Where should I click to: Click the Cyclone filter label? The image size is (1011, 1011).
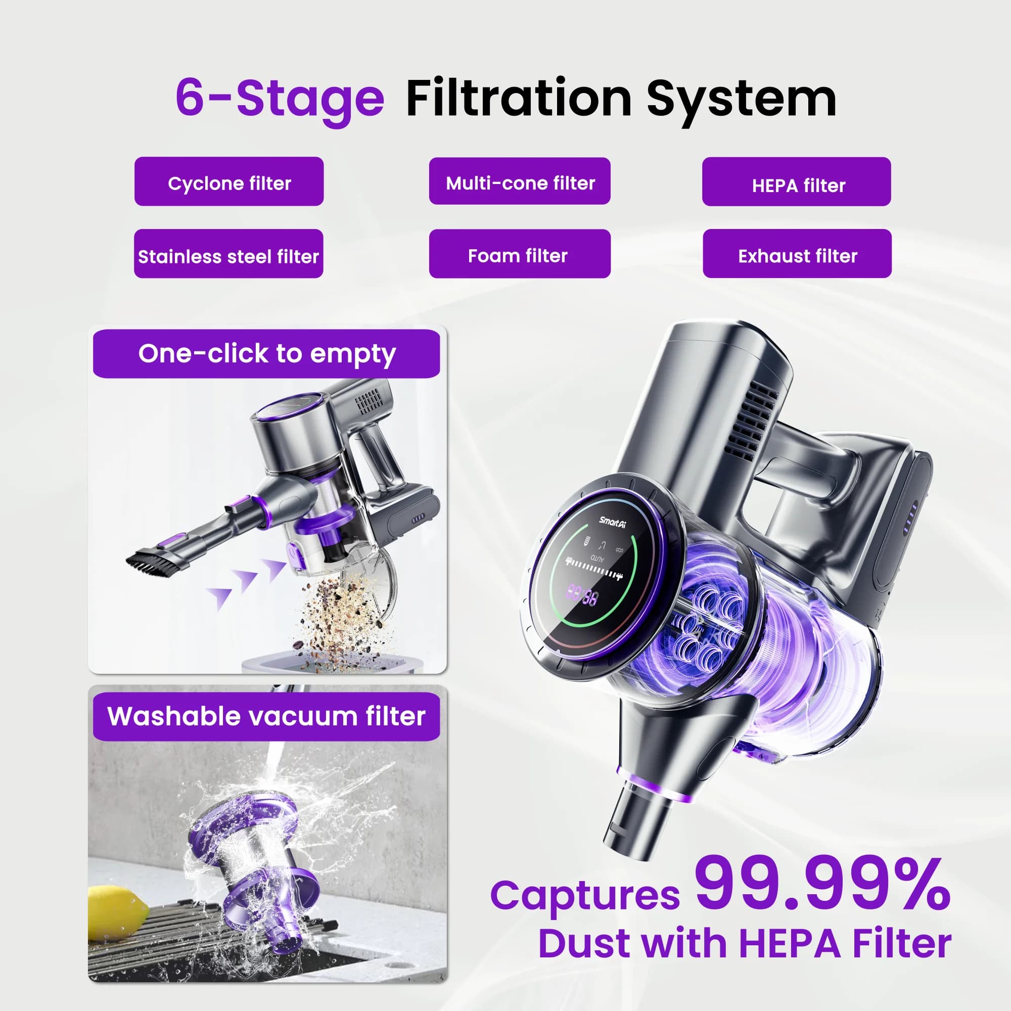228,181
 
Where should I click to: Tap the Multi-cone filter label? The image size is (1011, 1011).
520,181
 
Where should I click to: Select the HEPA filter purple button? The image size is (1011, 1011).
797,181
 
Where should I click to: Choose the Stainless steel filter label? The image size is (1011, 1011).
228,254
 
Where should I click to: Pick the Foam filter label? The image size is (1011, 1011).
520,254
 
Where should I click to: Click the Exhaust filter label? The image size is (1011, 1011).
797,254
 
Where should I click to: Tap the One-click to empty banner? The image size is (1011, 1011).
266,354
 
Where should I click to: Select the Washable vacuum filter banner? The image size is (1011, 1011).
266,716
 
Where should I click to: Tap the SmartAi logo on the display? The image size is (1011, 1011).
612,521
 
